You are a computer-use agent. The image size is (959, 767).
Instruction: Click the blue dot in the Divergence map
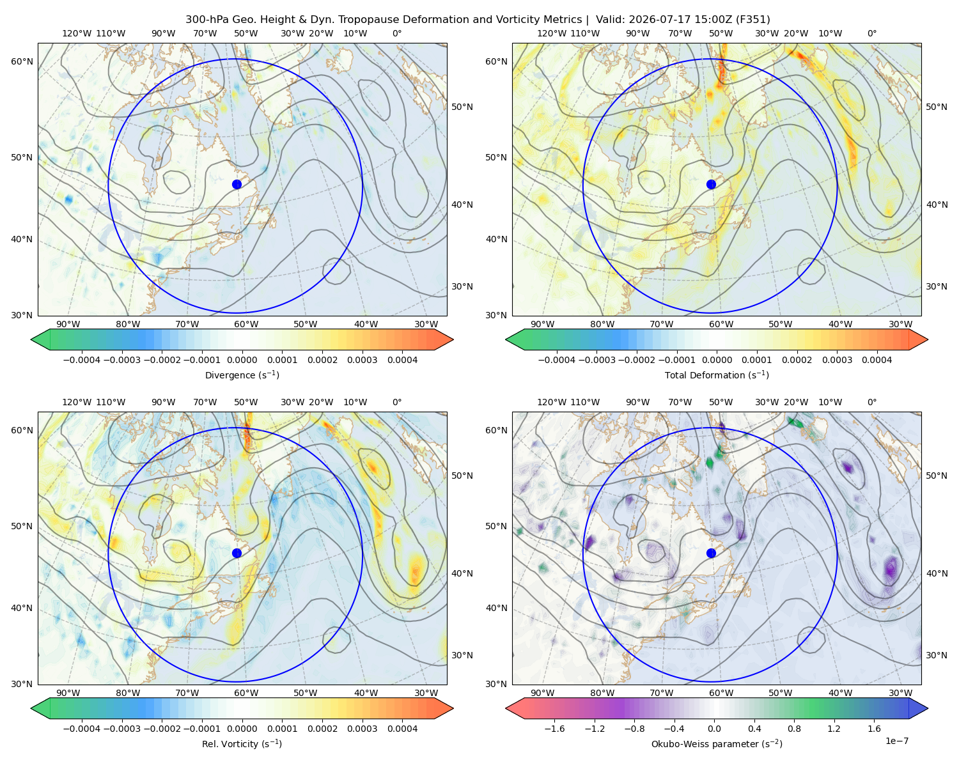pos(237,184)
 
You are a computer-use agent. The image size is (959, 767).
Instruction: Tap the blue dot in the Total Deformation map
pos(711,184)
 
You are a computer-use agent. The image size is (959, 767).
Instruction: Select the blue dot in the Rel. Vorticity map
pos(237,553)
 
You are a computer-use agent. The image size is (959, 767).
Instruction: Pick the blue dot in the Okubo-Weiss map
pos(711,553)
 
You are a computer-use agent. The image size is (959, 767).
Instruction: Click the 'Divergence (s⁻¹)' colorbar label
pos(242,375)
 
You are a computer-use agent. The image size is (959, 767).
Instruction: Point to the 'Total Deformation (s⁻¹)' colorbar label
pos(717,375)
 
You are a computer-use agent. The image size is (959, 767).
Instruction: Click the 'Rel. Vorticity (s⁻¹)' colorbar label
pos(242,743)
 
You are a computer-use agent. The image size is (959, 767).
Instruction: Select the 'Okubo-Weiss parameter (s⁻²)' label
pos(717,743)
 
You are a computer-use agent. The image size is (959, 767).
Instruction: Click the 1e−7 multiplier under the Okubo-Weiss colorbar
pos(896,741)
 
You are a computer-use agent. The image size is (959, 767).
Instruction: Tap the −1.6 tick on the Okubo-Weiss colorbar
pos(554,728)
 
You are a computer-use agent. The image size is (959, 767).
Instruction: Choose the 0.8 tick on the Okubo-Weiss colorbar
pos(794,728)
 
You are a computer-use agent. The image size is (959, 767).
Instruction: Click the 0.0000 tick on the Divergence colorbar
pos(242,360)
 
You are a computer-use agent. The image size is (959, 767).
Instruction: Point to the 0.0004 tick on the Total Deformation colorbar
pos(877,360)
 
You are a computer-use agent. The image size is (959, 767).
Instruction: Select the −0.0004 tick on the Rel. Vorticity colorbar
pos(82,728)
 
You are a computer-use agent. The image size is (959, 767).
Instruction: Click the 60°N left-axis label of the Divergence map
pos(22,61)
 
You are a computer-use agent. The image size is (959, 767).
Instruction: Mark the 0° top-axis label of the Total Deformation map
pos(871,33)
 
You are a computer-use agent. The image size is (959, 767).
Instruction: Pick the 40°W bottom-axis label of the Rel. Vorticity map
pos(366,693)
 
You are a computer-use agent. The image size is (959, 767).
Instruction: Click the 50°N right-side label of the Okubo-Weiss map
pos(937,476)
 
